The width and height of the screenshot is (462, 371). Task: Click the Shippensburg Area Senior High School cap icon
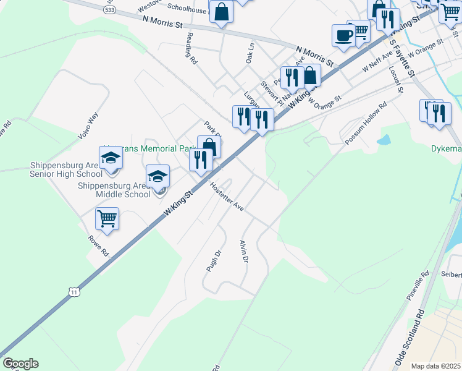(111, 159)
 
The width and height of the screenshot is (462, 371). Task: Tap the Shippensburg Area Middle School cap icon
(157, 177)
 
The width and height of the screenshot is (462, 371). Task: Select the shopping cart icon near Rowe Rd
(107, 219)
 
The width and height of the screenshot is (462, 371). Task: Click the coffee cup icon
(343, 36)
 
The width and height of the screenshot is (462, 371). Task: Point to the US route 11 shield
(74, 291)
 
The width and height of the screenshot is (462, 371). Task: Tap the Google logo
(20, 364)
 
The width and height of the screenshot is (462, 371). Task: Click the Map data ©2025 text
(436, 366)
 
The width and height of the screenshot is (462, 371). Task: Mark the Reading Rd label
(191, 49)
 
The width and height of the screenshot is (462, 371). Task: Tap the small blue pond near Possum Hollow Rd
(383, 140)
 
